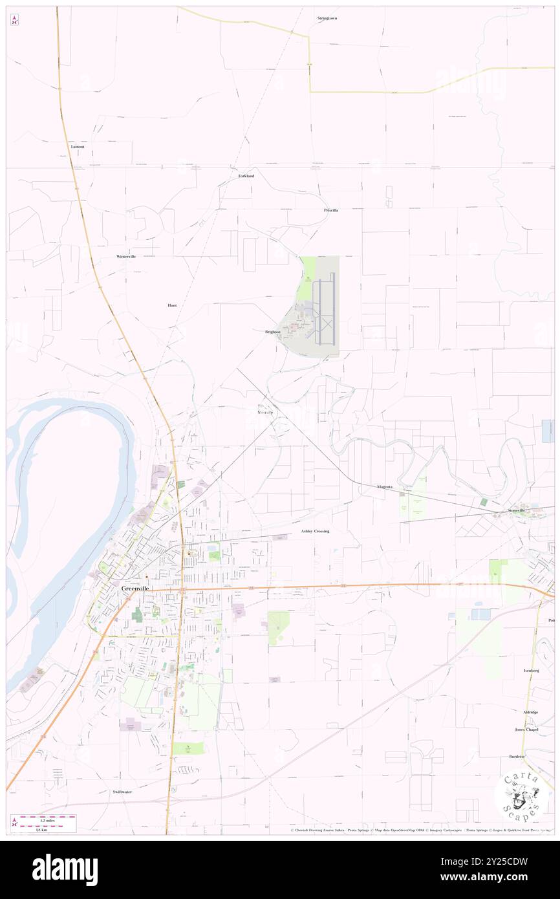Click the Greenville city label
(x=136, y=589)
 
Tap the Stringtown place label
(x=327, y=18)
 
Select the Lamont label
(x=78, y=147)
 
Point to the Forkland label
(x=246, y=176)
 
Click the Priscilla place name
(x=331, y=210)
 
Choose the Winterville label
(x=126, y=257)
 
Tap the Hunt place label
(x=172, y=305)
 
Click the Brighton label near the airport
(x=273, y=332)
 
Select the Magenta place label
(x=385, y=486)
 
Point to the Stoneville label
(x=517, y=510)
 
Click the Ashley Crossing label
(x=315, y=531)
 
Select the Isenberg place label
(x=531, y=671)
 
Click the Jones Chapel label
(x=527, y=730)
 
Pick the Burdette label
(x=517, y=756)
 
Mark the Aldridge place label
(x=530, y=711)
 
